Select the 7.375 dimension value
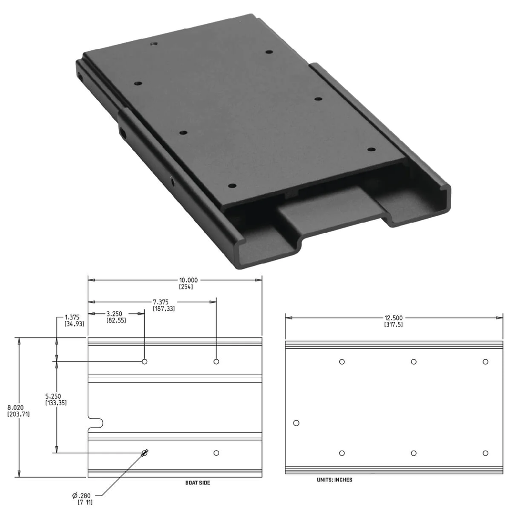pos(163,302)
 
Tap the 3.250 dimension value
pos(115,314)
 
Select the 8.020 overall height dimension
pos(18,407)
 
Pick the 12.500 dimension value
pos(393,317)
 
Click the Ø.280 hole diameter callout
pos(82,495)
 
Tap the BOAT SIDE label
pos(198,483)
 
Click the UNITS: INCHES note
pos(334,480)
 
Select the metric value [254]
pos(186,287)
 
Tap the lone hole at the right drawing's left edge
pos(296,423)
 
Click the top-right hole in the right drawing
pos(485,362)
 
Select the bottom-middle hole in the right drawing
pos(414,453)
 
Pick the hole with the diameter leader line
pos(145,453)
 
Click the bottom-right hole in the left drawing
pos(216,453)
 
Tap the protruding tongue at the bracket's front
pos(329,207)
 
